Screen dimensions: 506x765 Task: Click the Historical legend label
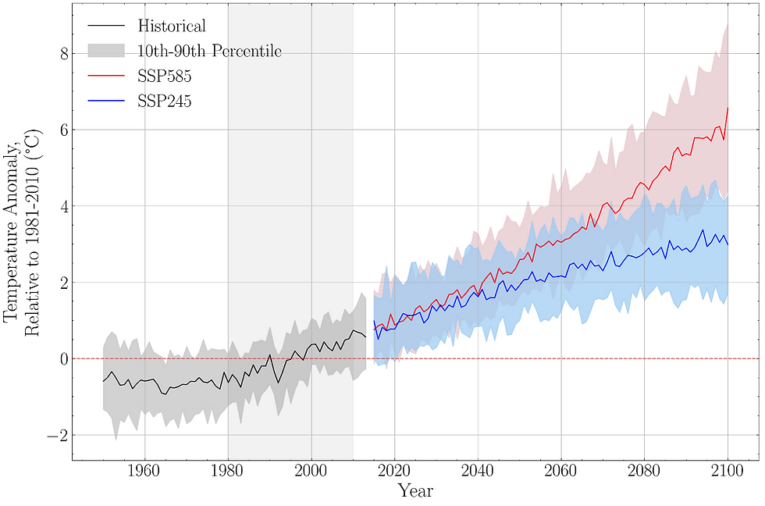pyautogui.click(x=171, y=26)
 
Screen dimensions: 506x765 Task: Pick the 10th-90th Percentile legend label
pyautogui.click(x=209, y=51)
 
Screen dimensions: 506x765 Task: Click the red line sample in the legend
pyautogui.click(x=105, y=77)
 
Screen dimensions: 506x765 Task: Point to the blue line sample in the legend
pyautogui.click(x=105, y=102)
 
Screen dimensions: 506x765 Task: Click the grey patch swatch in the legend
pyautogui.click(x=105, y=51)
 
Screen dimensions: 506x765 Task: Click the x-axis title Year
pyautogui.click(x=415, y=491)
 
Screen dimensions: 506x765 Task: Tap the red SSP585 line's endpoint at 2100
pyautogui.click(x=728, y=109)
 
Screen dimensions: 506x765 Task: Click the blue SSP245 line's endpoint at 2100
pyautogui.click(x=728, y=244)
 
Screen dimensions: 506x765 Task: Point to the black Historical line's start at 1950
pyautogui.click(x=103, y=381)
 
